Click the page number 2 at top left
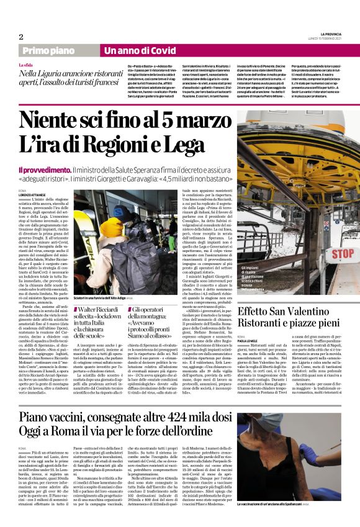pyautogui.click(x=21, y=37)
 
